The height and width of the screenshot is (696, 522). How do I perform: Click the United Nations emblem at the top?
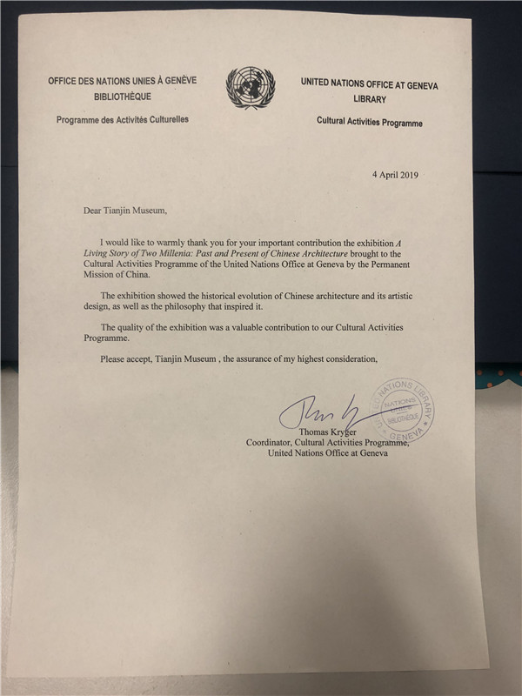point(251,90)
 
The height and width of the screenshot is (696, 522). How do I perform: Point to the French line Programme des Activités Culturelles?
point(123,118)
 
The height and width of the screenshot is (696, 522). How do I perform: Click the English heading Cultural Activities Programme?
point(370,123)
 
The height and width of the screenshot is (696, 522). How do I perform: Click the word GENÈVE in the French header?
point(178,81)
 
